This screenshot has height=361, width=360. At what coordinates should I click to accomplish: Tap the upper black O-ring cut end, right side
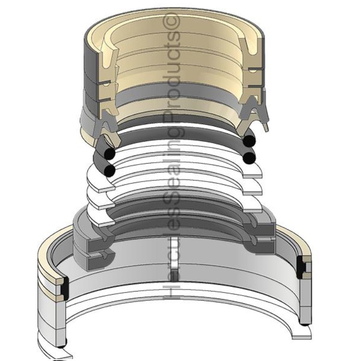click(249, 141)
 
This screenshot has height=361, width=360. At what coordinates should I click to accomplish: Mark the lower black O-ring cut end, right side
click(249, 157)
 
